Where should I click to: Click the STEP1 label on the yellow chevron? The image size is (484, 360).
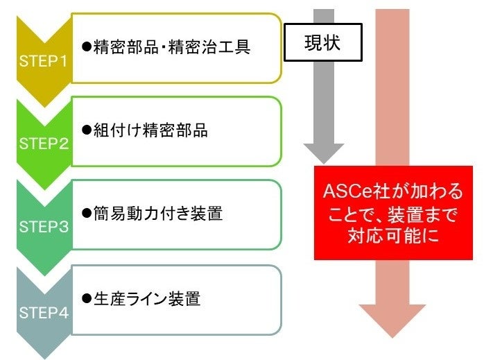[x=44, y=61]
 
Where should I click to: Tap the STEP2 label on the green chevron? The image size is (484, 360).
[x=44, y=144]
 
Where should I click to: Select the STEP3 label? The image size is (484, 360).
[x=44, y=228]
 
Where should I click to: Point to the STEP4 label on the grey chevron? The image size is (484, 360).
[x=44, y=312]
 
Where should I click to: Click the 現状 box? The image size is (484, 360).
[x=322, y=44]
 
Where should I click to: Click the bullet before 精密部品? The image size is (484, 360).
[x=87, y=47]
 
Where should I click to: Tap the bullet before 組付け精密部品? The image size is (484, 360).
[x=87, y=130]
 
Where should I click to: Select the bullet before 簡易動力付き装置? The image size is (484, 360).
[x=87, y=214]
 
